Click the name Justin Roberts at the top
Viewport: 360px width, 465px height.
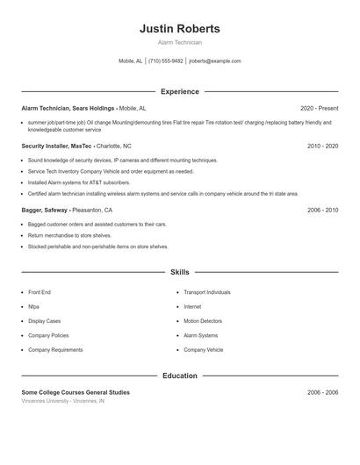click(179, 29)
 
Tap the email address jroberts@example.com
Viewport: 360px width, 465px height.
click(214, 61)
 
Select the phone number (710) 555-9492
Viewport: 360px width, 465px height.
click(165, 61)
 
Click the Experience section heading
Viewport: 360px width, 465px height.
click(179, 91)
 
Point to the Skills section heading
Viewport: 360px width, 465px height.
click(179, 273)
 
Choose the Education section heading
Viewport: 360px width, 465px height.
click(179, 376)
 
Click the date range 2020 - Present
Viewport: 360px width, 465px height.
click(319, 108)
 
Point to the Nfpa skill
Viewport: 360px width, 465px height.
click(33, 306)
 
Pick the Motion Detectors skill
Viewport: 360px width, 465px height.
click(203, 321)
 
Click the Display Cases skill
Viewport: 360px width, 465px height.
click(44, 321)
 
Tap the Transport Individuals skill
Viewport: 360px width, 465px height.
click(207, 292)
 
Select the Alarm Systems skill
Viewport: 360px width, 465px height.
click(200, 335)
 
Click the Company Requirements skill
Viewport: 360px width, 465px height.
click(54, 350)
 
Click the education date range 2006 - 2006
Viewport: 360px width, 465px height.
click(322, 392)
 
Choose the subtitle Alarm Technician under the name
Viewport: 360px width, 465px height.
click(179, 42)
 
